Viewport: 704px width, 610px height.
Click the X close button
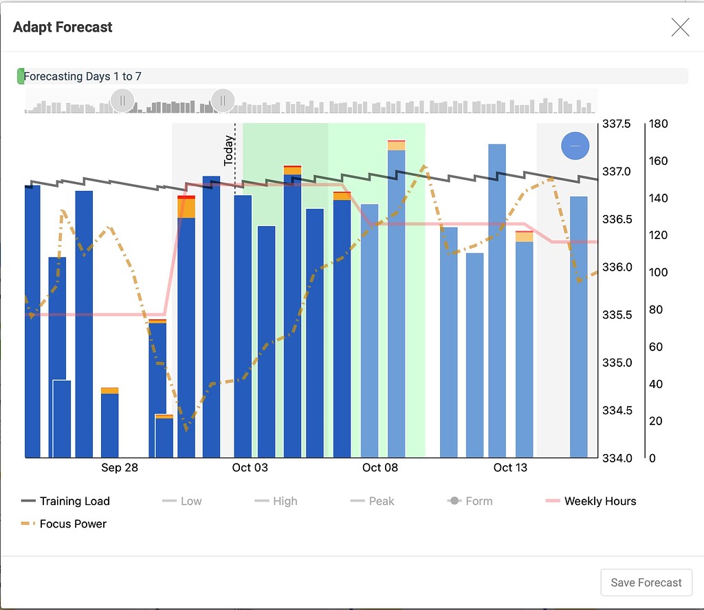680,27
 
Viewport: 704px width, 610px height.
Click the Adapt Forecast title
63,27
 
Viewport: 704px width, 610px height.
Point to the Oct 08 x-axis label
380,468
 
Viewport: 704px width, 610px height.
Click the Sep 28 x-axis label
120,468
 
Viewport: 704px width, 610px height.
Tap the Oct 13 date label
510,468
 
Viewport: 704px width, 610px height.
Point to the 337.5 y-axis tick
617,124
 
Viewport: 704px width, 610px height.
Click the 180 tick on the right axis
658,124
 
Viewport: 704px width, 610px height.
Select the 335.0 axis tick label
617,363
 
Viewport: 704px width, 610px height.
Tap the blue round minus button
575,146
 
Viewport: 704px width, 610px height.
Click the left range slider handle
122,101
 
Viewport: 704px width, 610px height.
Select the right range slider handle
223,101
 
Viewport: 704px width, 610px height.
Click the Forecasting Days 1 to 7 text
82,76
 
